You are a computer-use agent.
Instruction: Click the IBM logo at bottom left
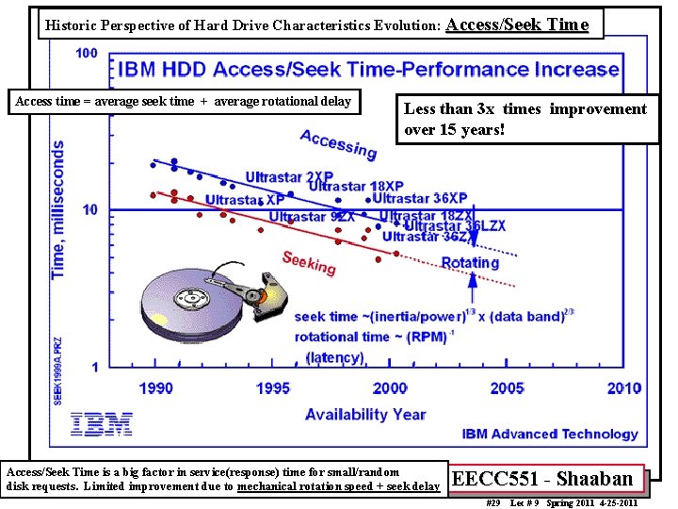click(x=102, y=424)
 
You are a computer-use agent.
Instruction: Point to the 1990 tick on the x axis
click(x=156, y=387)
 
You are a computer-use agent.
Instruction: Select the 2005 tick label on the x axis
click(x=507, y=387)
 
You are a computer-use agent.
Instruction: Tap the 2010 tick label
click(x=623, y=387)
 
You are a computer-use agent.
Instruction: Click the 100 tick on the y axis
click(x=86, y=53)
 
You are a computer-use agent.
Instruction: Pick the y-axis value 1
click(x=94, y=367)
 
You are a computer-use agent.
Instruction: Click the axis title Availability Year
click(x=365, y=414)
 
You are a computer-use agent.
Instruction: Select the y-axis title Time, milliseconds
click(x=58, y=209)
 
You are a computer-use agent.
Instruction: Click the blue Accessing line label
click(x=338, y=144)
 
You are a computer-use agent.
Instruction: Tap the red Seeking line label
click(x=309, y=263)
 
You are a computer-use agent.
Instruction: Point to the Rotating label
click(x=470, y=263)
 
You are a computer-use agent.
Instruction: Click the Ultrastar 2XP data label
click(x=289, y=176)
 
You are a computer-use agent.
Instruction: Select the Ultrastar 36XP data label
click(x=420, y=198)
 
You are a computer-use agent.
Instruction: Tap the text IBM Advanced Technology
click(x=550, y=434)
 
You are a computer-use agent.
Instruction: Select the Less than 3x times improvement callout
click(x=525, y=119)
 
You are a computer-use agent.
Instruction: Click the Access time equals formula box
click(x=184, y=101)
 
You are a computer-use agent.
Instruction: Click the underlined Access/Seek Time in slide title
click(x=517, y=25)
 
